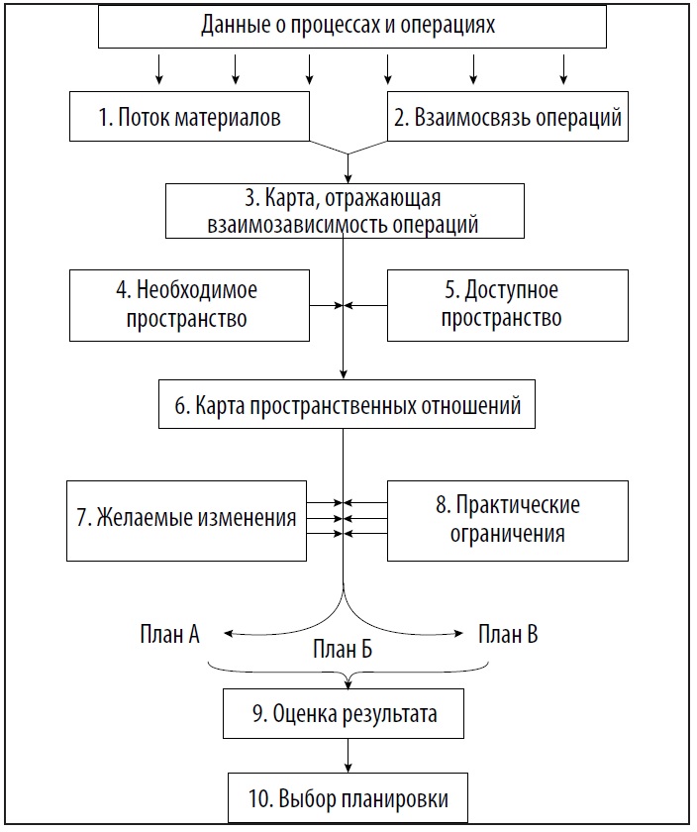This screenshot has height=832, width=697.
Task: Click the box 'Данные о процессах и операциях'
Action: coord(352,26)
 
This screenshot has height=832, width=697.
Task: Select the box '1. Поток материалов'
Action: coord(189,116)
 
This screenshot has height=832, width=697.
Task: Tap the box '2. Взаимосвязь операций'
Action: coord(508,116)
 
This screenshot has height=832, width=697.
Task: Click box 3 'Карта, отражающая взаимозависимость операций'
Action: coord(345,211)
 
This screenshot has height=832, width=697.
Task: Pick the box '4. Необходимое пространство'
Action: coord(189,305)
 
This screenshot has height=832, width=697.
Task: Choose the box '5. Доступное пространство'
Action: coord(508,305)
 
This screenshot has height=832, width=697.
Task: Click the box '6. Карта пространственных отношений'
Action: coord(347,404)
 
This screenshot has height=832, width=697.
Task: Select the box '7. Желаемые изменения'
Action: coord(187,521)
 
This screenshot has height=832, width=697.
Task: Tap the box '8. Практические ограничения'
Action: coord(508,521)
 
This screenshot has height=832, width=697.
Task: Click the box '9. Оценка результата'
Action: coord(344,714)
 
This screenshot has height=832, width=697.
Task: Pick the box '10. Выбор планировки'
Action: coord(348,798)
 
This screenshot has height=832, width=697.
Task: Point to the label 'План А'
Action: coord(169,634)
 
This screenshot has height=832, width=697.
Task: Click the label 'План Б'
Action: coord(343,649)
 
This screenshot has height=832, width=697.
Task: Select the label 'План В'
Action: coord(508,634)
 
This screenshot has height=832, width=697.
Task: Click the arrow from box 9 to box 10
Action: coord(348,756)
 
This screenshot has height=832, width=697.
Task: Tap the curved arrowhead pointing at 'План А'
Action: coord(228,633)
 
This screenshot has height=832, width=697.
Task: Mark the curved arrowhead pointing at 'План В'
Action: coord(458,633)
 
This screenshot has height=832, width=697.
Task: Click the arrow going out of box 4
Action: coord(326,306)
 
